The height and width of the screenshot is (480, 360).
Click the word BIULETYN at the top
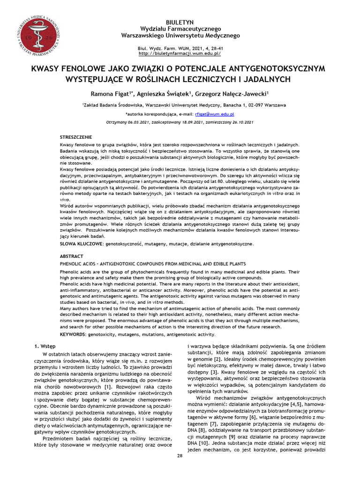(180, 22)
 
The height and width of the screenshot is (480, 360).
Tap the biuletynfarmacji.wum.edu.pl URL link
(180, 54)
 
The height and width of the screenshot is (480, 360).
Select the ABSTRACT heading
(72, 256)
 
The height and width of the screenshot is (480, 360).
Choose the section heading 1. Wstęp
(46, 346)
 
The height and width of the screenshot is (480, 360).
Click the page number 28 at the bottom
(180, 456)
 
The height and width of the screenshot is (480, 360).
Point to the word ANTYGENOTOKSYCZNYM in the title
(276, 69)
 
